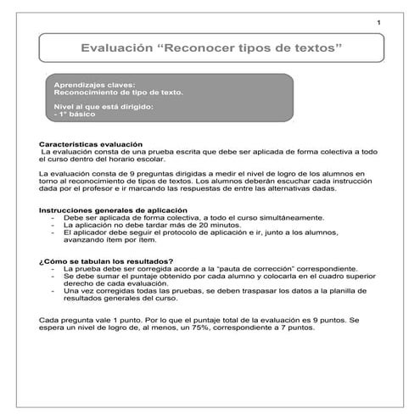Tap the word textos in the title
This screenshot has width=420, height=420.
[315, 51]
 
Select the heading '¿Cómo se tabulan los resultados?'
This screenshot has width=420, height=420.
[107, 260]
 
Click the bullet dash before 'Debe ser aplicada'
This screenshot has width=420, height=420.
[53, 217]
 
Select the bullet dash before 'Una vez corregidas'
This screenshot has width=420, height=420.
[53, 291]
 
